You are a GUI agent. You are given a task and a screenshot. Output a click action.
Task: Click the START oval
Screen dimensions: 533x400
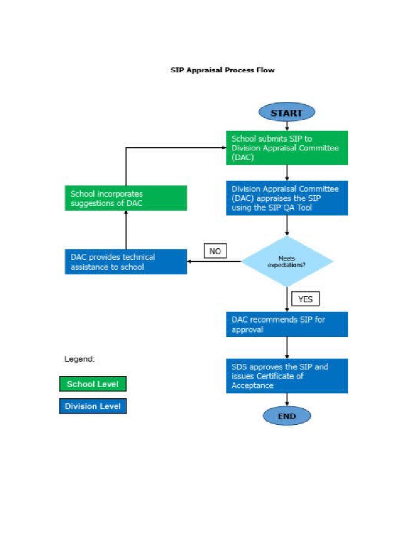[x=286, y=113]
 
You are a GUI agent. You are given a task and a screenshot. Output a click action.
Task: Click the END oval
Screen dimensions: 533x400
[x=286, y=416]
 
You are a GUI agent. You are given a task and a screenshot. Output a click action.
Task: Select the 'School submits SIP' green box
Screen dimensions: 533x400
[x=286, y=148]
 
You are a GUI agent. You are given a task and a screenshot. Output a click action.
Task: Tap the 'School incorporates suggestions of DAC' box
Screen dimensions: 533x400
[x=126, y=198]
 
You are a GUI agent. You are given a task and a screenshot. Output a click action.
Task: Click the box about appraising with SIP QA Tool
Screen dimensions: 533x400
[x=286, y=198]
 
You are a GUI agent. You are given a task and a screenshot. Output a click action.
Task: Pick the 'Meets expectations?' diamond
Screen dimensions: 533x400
[x=286, y=261]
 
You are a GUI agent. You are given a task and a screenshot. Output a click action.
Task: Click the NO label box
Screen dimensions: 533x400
[x=215, y=251]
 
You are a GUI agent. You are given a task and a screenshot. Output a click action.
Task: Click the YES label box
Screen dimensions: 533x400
[x=305, y=299]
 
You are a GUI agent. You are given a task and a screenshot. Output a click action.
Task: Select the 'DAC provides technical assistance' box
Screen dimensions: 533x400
[x=126, y=262]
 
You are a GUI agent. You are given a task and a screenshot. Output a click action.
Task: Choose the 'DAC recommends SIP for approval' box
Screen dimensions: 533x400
[x=286, y=324]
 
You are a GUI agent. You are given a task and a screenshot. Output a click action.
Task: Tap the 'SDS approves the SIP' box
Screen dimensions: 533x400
[x=286, y=376]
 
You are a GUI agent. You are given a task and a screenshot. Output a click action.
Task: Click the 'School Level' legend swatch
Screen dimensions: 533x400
[x=93, y=385]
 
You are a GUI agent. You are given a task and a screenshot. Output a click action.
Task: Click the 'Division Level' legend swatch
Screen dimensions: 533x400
[x=93, y=406]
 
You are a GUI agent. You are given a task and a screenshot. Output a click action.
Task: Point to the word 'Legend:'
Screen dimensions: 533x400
[x=79, y=359]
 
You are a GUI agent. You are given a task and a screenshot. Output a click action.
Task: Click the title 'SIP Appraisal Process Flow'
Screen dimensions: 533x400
[x=222, y=70]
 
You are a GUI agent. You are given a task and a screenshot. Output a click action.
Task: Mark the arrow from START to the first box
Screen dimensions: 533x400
[x=286, y=126]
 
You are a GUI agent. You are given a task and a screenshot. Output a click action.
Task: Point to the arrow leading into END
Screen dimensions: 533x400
[x=286, y=400]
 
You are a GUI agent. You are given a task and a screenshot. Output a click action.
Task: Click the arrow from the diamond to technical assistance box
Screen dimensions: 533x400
[x=214, y=261]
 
